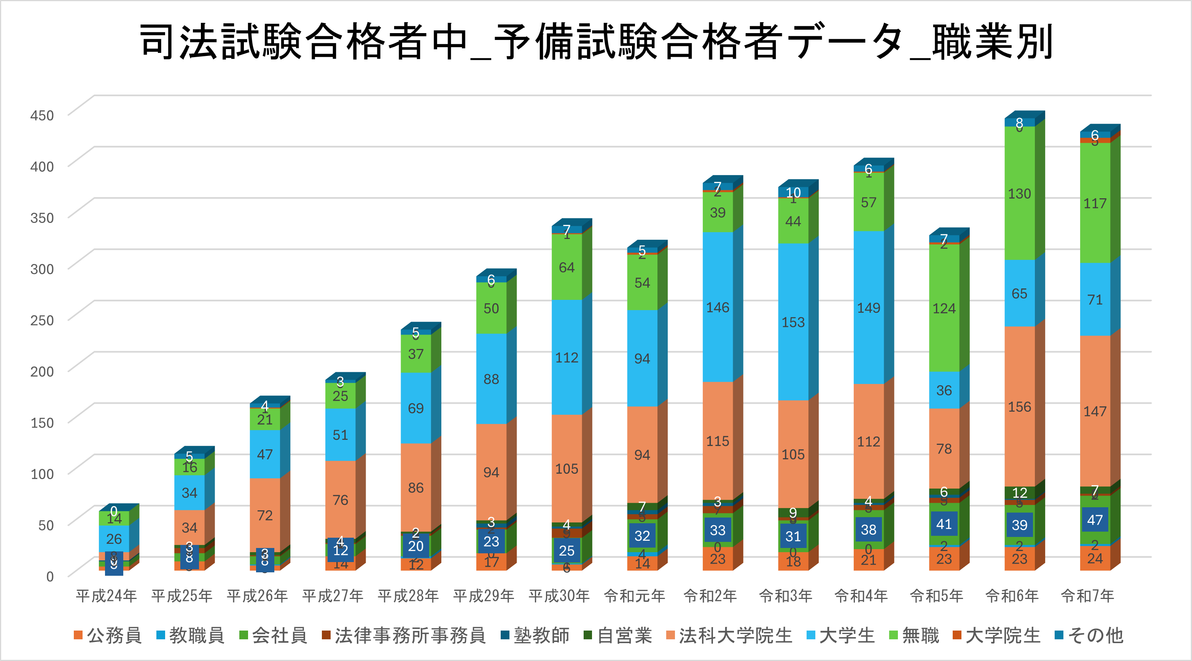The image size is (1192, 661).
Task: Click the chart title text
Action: point(596,41)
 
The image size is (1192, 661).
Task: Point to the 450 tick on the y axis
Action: point(42,115)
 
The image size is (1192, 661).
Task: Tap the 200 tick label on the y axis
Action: point(42,371)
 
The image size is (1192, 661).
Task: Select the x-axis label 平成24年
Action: point(107,596)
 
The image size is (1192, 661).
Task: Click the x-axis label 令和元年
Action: point(634,596)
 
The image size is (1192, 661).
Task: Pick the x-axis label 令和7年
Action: point(1087,596)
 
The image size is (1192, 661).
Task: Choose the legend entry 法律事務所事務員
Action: point(404,635)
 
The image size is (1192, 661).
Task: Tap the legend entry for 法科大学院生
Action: point(730,635)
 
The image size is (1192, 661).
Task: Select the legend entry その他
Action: point(1089,635)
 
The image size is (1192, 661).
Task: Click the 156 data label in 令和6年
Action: point(1019,407)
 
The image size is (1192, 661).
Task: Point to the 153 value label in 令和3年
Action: point(793,322)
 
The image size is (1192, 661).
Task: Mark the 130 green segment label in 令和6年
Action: point(1019,193)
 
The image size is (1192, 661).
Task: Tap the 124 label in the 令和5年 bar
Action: point(944,308)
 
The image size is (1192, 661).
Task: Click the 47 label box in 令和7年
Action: point(1095,520)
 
